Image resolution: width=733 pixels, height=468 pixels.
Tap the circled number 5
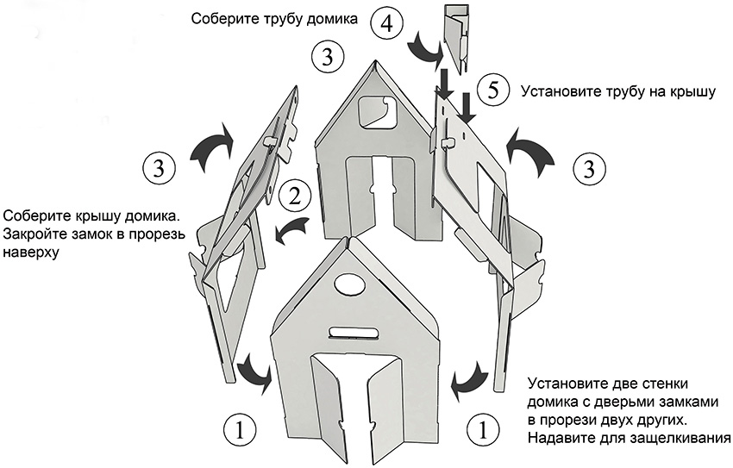pos(492,90)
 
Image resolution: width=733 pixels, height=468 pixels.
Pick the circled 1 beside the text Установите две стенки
pos(483,428)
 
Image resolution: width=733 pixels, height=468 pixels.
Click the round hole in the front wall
pos(348,286)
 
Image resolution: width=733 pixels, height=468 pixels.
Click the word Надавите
pos(563,439)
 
